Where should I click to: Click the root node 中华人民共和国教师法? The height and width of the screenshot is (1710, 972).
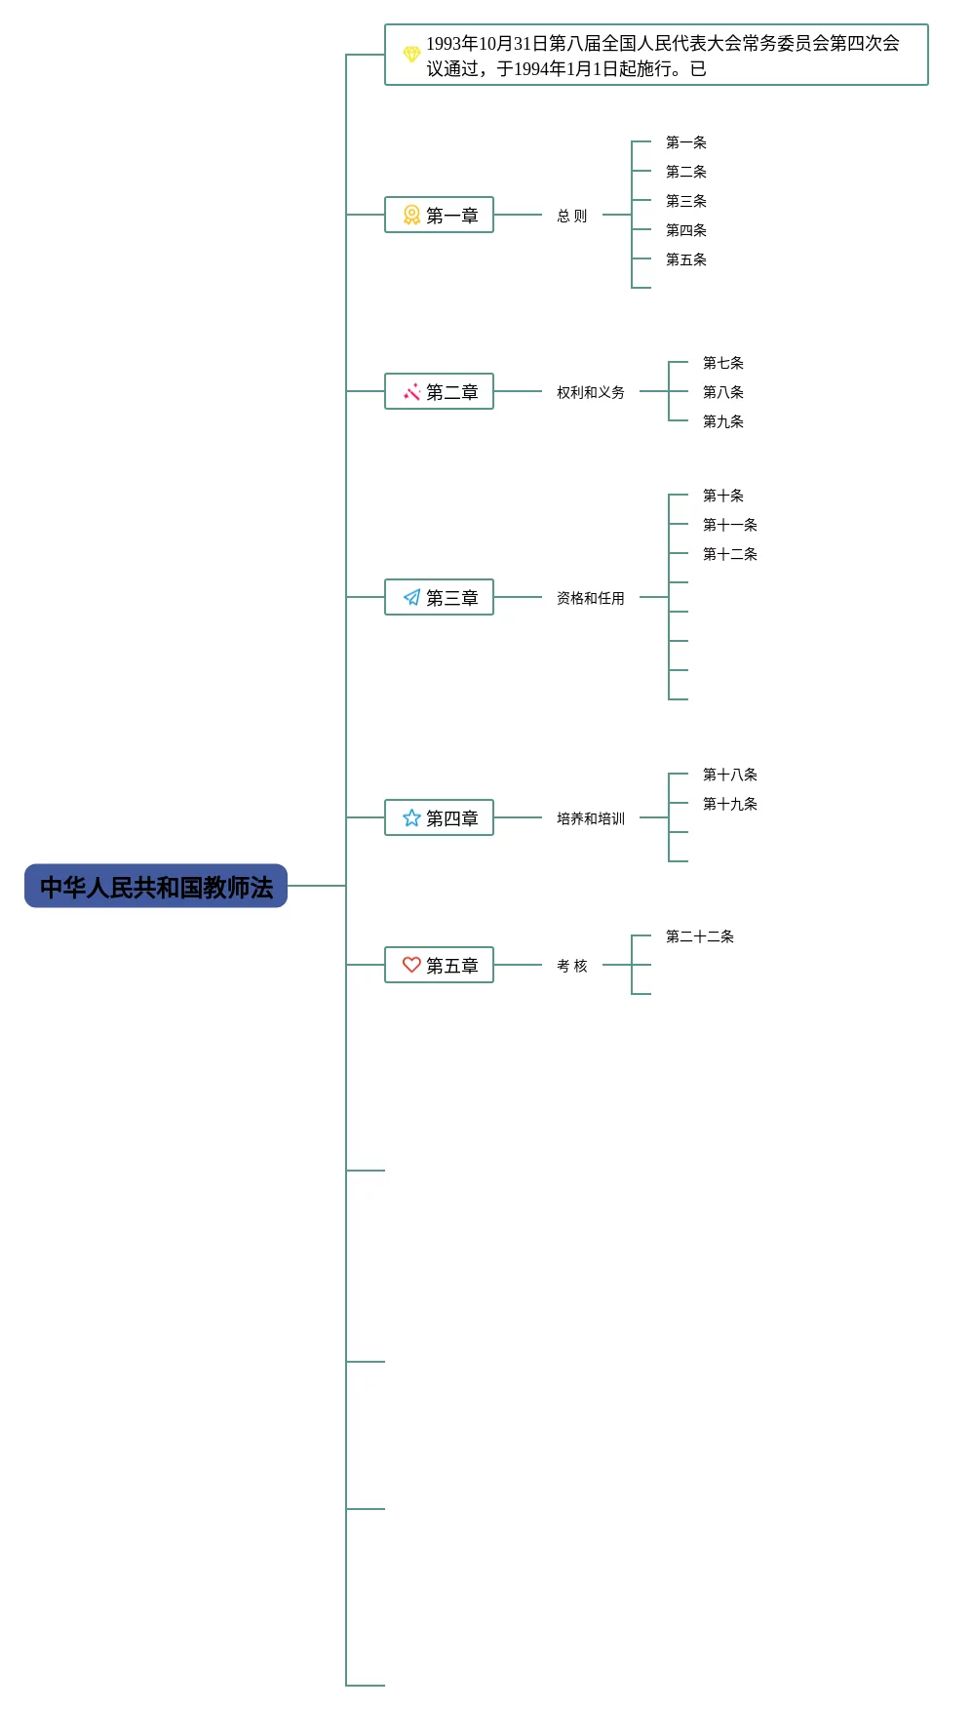[156, 886]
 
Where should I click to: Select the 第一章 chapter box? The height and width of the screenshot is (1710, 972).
[439, 215]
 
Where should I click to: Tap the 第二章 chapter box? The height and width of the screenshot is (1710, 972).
[439, 391]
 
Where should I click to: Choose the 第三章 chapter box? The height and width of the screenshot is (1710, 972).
[439, 597]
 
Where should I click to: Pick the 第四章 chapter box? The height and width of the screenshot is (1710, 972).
[439, 817]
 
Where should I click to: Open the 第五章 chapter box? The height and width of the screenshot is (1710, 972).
[439, 965]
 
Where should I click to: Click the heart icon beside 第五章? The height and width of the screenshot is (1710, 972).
[411, 965]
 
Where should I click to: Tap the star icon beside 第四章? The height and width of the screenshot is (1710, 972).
[411, 817]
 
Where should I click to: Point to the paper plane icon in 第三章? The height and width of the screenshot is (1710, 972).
[411, 597]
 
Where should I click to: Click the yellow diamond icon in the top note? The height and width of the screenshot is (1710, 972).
[411, 54]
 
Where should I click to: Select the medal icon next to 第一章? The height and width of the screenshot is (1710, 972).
[411, 215]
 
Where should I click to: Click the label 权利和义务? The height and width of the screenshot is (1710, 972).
[591, 392]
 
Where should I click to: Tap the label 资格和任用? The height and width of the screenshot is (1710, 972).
[591, 598]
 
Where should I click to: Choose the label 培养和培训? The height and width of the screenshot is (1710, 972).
[591, 818]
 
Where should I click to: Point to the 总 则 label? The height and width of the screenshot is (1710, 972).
[572, 216]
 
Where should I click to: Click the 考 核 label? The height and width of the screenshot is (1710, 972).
[572, 966]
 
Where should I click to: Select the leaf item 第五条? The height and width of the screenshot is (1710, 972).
[686, 259]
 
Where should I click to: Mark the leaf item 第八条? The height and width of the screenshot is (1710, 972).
[723, 392]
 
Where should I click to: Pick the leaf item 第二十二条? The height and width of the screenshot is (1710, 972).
[700, 936]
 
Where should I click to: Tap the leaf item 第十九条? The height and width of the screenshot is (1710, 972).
[730, 804]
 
